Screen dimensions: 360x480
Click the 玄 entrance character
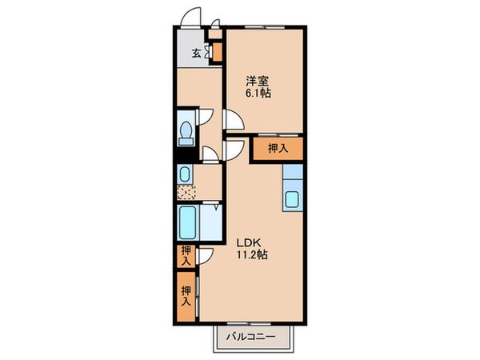(196, 54)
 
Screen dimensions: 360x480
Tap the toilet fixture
(186, 130)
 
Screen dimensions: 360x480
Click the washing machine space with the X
(185, 191)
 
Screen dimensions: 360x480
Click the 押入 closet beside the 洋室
(278, 148)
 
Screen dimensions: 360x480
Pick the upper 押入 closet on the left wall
(186, 256)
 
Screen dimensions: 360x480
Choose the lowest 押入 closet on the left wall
(186, 296)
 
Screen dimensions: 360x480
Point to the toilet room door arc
(206, 117)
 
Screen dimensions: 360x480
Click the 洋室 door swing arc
(234, 120)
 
